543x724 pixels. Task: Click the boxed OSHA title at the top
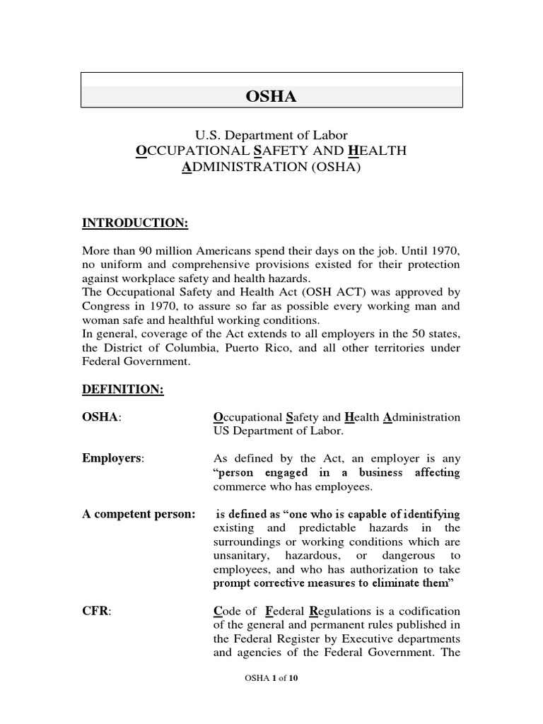[x=271, y=97]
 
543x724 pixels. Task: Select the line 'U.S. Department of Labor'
[x=271, y=134]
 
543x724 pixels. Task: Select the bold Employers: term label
[x=113, y=459]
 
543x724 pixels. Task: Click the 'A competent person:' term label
[x=139, y=514]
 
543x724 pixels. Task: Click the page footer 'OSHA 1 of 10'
[x=271, y=678]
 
